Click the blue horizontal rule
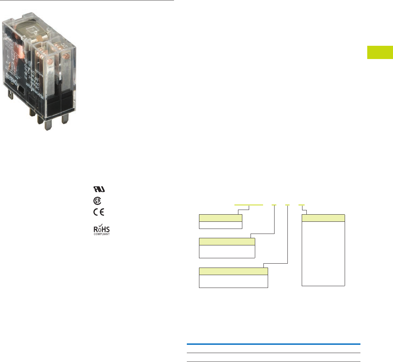(273, 344)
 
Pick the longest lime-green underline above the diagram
(249, 205)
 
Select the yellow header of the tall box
(324, 218)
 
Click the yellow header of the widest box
(233, 271)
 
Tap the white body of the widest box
(233, 281)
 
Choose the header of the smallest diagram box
(220, 218)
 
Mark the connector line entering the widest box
(276, 263)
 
